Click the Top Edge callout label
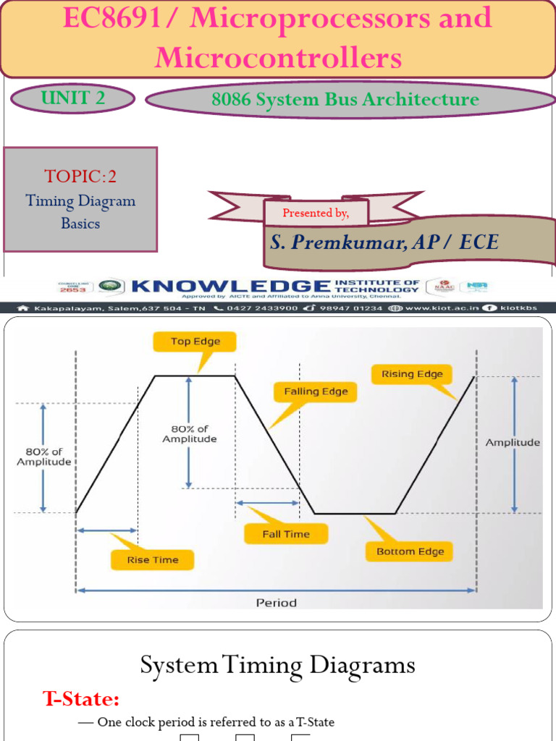click(x=195, y=342)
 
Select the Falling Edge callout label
click(x=316, y=391)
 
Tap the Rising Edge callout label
click(x=412, y=374)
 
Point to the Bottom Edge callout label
click(x=410, y=551)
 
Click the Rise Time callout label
click(x=152, y=559)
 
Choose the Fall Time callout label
click(x=286, y=534)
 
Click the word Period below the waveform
click(x=276, y=603)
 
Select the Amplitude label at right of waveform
click(x=513, y=442)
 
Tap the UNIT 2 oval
click(x=74, y=98)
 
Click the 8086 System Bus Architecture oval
click(x=345, y=100)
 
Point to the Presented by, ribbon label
click(x=316, y=213)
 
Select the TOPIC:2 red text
click(x=80, y=176)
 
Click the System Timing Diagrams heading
click(x=277, y=665)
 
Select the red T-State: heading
click(x=81, y=699)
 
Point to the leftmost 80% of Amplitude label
click(x=44, y=457)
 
